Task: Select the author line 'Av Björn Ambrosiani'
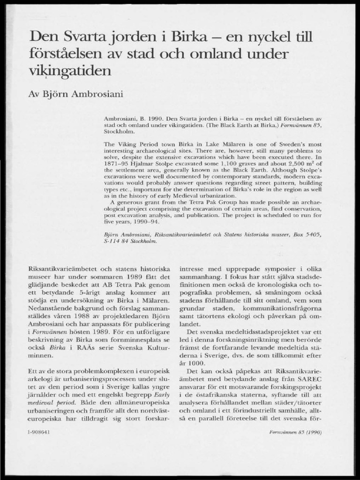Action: pos(76,94)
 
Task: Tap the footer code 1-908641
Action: pos(39,432)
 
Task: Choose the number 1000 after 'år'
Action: pos(197,362)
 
